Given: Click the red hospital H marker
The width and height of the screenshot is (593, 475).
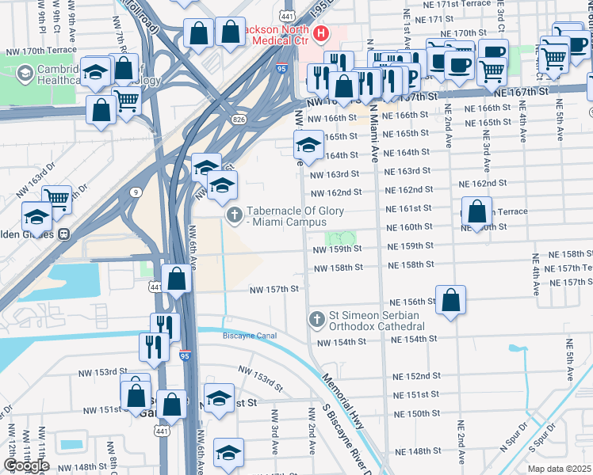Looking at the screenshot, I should point(321,33).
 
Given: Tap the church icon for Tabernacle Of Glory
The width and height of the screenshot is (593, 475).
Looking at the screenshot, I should point(234,215).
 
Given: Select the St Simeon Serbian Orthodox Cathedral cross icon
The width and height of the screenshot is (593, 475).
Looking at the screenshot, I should point(316,319).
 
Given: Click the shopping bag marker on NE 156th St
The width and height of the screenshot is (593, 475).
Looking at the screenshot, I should point(450,301).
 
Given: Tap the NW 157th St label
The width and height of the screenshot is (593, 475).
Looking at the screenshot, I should point(274,290).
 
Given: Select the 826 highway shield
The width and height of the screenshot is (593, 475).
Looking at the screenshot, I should point(238,119).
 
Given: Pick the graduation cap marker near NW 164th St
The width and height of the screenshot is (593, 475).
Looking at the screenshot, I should point(308,145).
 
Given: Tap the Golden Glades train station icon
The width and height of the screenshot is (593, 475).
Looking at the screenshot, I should point(62,234).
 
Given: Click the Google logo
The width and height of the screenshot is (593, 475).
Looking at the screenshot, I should point(26,465).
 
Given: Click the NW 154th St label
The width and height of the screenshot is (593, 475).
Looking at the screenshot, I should point(342,343).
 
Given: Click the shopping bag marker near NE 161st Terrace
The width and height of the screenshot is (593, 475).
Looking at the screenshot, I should point(476,212).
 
